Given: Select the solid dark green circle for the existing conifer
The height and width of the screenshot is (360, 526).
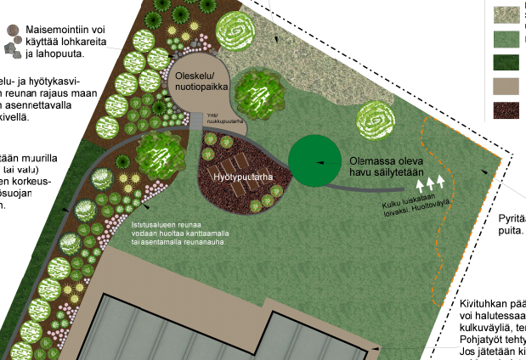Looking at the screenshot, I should point(319,160).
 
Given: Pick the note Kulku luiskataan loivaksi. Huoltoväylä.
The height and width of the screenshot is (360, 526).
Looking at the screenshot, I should point(414,200).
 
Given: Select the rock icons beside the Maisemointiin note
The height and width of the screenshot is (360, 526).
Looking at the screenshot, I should point(13,41).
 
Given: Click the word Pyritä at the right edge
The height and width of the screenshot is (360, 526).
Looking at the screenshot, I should point(512,218).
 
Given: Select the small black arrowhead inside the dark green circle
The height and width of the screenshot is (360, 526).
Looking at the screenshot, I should point(320,160).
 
